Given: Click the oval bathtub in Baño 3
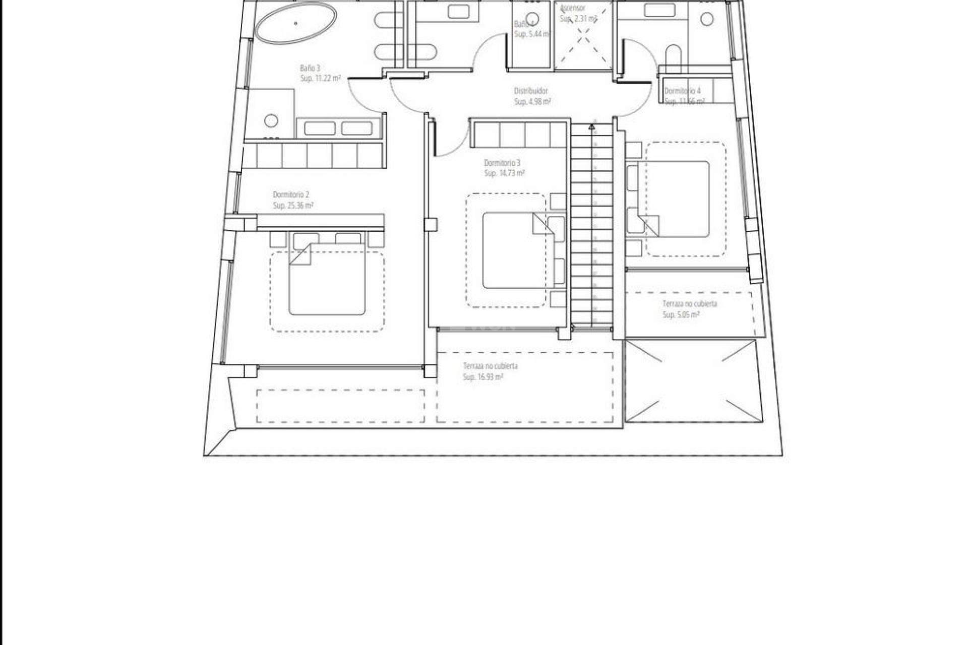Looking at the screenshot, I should click(x=295, y=23).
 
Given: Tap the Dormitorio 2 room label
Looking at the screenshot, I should click(x=291, y=195).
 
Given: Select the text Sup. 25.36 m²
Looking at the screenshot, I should click(x=293, y=206).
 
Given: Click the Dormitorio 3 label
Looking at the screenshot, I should click(x=502, y=163).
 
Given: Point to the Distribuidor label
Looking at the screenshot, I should click(x=530, y=91).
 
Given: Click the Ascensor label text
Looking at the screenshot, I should click(x=573, y=8).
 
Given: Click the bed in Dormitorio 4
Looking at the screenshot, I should click(x=673, y=199).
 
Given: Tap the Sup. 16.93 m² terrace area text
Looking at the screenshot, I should click(x=483, y=377).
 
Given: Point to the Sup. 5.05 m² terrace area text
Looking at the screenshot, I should click(x=681, y=315).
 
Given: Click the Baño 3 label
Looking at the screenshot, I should click(x=310, y=68).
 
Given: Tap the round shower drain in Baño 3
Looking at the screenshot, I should click(x=271, y=120).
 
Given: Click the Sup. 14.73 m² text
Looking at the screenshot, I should click(x=504, y=173).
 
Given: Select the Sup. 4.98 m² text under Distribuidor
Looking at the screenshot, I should click(x=532, y=102).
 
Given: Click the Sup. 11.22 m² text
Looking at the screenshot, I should click(x=320, y=79).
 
